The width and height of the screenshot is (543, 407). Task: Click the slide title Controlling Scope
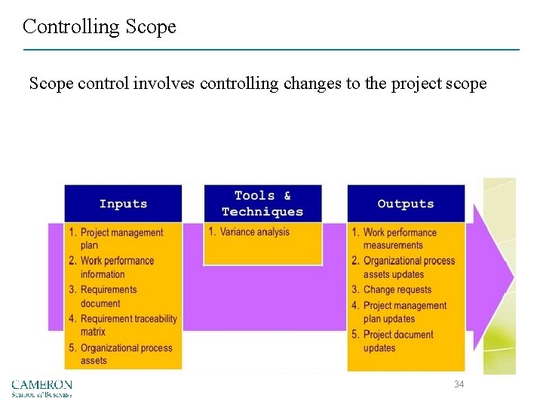pos(99,27)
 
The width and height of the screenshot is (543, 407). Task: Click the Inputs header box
pos(123,203)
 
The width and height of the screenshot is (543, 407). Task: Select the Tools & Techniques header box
pos(262,203)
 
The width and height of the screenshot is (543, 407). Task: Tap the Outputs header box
pos(405,203)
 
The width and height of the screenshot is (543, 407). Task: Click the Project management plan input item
pos(121,239)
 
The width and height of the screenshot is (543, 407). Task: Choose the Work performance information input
pos(116,268)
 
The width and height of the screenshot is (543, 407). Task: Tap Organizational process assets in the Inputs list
pos(125,353)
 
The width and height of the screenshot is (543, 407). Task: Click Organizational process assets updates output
pos(408,268)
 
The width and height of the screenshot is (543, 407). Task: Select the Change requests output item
pos(397,289)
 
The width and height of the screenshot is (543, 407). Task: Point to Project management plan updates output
pos(404,312)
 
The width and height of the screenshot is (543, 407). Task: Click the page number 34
pos(459,384)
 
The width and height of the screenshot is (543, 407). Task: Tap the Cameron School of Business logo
pos(41,388)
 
